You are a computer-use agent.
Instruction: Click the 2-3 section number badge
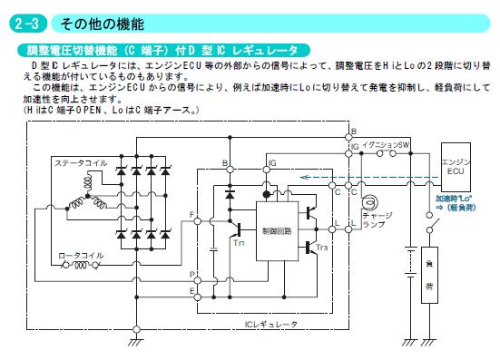click(x=28, y=24)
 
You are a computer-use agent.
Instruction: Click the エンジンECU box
click(x=456, y=167)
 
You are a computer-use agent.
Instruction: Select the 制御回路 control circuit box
click(x=277, y=231)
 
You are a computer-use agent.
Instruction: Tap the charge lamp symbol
click(x=370, y=202)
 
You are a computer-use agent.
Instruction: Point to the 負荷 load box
click(x=429, y=275)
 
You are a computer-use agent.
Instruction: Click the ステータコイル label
click(x=81, y=163)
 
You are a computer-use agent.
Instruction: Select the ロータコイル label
click(x=81, y=256)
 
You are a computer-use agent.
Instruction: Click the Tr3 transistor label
click(x=322, y=248)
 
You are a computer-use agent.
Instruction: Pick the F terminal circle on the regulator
click(x=198, y=220)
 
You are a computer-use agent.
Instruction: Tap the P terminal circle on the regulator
click(x=198, y=281)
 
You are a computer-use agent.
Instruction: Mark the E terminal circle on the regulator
click(x=198, y=297)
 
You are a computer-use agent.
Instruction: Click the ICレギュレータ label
click(x=271, y=325)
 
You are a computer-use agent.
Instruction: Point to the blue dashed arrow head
click(x=305, y=177)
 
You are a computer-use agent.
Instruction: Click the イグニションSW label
click(x=385, y=145)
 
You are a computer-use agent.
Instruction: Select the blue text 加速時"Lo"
click(x=454, y=199)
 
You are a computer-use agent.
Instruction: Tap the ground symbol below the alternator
click(x=136, y=343)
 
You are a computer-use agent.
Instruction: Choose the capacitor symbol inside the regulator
click(x=214, y=249)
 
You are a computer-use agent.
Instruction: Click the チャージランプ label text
click(x=377, y=219)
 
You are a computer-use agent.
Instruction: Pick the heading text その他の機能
click(x=102, y=24)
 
